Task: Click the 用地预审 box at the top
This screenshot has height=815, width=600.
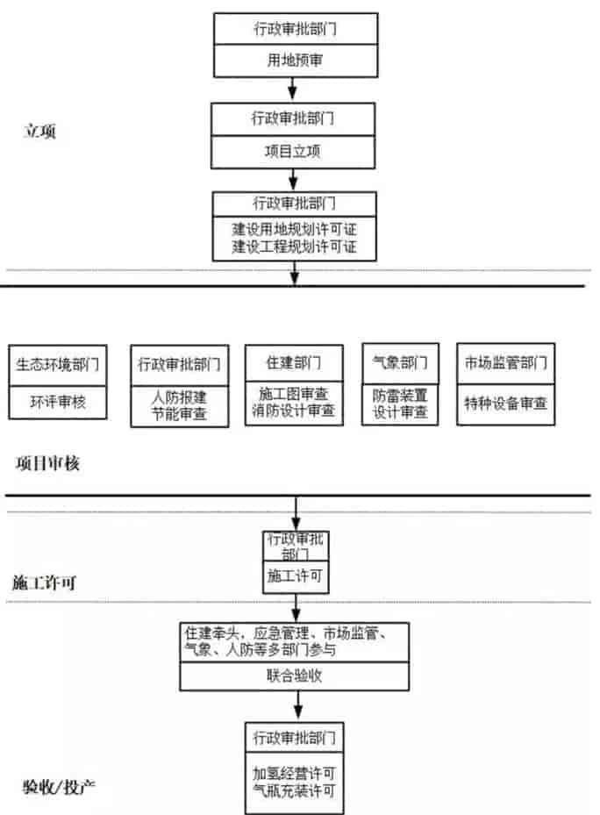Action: pyautogui.click(x=294, y=61)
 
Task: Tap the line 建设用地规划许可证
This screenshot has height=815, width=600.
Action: pyautogui.click(x=294, y=229)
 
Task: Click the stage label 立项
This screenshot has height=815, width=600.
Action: pyautogui.click(x=39, y=132)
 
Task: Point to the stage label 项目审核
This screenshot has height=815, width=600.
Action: pyautogui.click(x=47, y=464)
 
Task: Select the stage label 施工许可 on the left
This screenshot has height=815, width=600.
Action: pyautogui.click(x=43, y=582)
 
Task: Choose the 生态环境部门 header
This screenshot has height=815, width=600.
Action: pyautogui.click(x=57, y=363)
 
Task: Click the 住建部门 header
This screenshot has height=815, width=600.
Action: pyautogui.click(x=294, y=361)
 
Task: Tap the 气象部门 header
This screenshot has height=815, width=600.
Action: pyautogui.click(x=400, y=361)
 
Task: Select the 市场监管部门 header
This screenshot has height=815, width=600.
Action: pyautogui.click(x=505, y=361)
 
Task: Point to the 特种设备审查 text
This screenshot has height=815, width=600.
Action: pyautogui.click(x=505, y=404)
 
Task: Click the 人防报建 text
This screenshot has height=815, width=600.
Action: pyautogui.click(x=179, y=396)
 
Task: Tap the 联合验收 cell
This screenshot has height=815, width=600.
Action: pyautogui.click(x=294, y=676)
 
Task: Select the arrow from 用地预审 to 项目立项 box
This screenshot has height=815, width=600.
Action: pyautogui.click(x=294, y=89)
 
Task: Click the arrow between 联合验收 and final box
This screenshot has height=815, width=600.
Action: pyautogui.click(x=298, y=704)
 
